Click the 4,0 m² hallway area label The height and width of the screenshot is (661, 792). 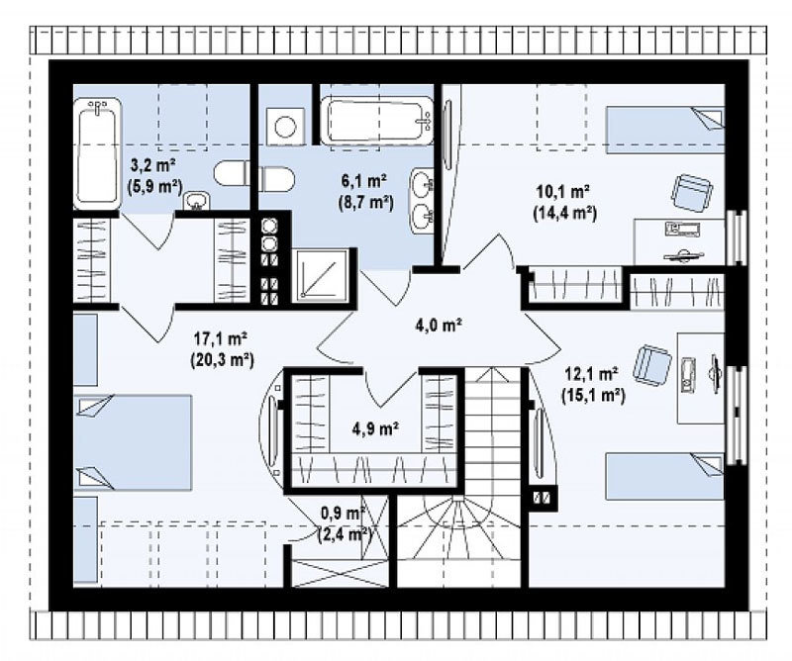point(439,326)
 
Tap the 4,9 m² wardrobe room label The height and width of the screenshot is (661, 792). point(376,428)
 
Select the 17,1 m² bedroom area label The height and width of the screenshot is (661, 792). point(222,348)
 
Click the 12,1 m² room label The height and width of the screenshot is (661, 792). point(593,385)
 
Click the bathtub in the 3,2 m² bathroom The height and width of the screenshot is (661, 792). point(98,153)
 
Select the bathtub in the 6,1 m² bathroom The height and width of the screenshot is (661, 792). point(377,121)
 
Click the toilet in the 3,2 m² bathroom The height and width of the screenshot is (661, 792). point(232,174)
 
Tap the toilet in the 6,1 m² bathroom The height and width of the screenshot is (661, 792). point(276,180)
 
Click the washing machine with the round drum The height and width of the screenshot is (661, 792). point(285,127)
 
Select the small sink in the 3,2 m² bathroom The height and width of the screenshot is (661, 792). point(196,201)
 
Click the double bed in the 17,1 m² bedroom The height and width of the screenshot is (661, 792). point(133,442)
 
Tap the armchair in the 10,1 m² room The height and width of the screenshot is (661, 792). point(691,193)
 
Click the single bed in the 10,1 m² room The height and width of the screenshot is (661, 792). point(665,131)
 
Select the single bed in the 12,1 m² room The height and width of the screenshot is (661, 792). point(665,476)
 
